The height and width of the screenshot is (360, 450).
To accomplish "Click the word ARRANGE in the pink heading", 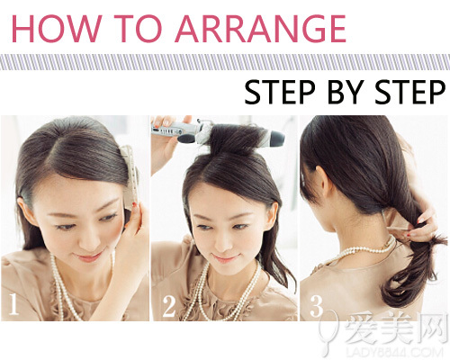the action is point(260,28).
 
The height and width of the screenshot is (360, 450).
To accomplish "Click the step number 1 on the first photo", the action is point(13,304).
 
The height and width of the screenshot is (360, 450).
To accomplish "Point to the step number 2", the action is point(169,306).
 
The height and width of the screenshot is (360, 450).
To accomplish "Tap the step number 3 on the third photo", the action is point(316,306).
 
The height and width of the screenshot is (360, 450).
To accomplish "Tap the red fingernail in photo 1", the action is point(134,204).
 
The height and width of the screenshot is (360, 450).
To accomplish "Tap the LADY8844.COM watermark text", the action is point(395,352).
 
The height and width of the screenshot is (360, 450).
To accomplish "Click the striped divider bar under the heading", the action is point(225,62).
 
